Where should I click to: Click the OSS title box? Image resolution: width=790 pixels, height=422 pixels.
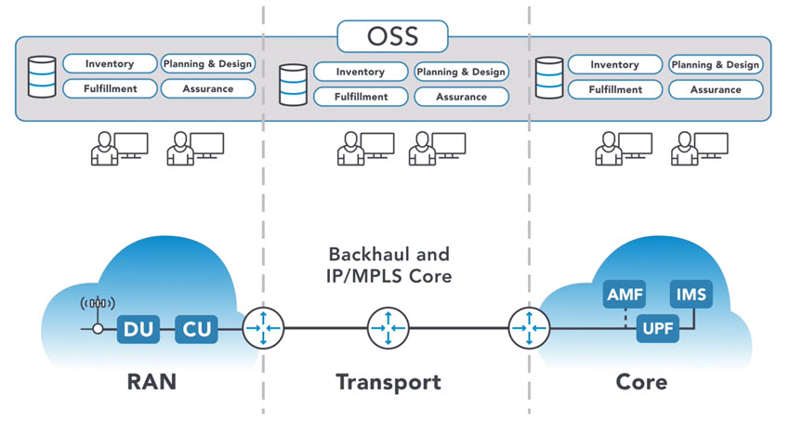point(393,36)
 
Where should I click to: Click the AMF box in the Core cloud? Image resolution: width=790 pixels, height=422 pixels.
point(622,296)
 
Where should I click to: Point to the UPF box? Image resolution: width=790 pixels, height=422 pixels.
point(657,329)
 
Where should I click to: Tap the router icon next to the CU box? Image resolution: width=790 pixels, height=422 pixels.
point(262,328)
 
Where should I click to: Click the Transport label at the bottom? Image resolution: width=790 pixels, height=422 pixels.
point(388,382)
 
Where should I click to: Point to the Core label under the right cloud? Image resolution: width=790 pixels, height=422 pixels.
point(641,382)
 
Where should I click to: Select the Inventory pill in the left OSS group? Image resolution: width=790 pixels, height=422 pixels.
point(109,64)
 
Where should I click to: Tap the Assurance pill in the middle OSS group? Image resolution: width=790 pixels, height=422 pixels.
point(461,97)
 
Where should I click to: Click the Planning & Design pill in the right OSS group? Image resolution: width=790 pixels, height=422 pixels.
point(716,64)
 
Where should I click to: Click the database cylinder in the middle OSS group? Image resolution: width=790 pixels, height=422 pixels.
point(294,83)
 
